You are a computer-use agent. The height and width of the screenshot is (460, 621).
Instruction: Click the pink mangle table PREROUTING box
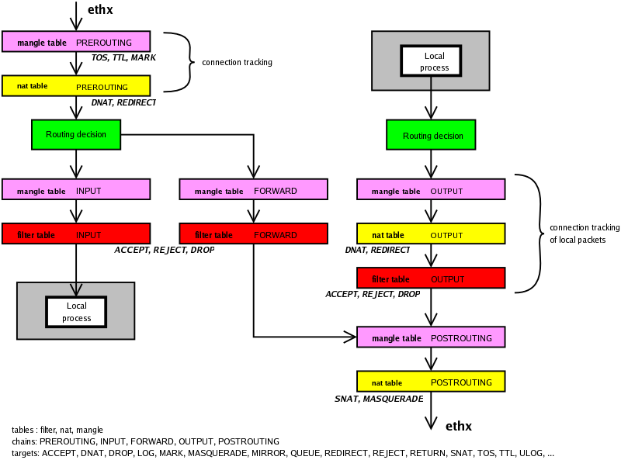(x=75, y=42)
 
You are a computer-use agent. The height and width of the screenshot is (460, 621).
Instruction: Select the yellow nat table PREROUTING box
(x=75, y=85)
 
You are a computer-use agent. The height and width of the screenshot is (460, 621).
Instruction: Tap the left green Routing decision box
(x=75, y=134)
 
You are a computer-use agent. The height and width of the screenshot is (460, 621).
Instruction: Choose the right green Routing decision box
(x=431, y=136)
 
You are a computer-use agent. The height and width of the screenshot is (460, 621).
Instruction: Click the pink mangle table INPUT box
(x=75, y=189)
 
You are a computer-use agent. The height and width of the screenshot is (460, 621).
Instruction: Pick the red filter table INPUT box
(x=75, y=233)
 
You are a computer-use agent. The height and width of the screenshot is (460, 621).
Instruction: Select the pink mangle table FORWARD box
(x=253, y=189)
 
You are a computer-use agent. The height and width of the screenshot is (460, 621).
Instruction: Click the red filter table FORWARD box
(x=253, y=233)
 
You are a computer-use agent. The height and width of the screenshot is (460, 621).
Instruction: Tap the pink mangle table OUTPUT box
(x=431, y=189)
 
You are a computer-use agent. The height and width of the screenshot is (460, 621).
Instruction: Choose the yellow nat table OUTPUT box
(x=431, y=233)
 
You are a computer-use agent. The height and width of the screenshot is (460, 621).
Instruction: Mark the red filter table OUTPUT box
(x=431, y=278)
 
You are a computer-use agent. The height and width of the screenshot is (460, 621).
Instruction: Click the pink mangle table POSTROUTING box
(x=431, y=337)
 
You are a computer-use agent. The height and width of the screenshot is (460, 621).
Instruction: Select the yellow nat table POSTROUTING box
(x=431, y=382)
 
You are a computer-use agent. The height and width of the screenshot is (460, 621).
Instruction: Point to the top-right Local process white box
(x=431, y=61)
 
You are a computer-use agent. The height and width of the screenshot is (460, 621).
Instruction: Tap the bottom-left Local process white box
(x=76, y=312)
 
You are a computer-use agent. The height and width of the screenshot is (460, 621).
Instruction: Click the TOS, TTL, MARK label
(x=123, y=58)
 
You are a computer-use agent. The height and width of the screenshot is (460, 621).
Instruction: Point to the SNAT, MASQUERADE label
(x=379, y=399)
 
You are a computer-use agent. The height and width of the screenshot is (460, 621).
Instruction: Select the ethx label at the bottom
(x=459, y=426)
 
